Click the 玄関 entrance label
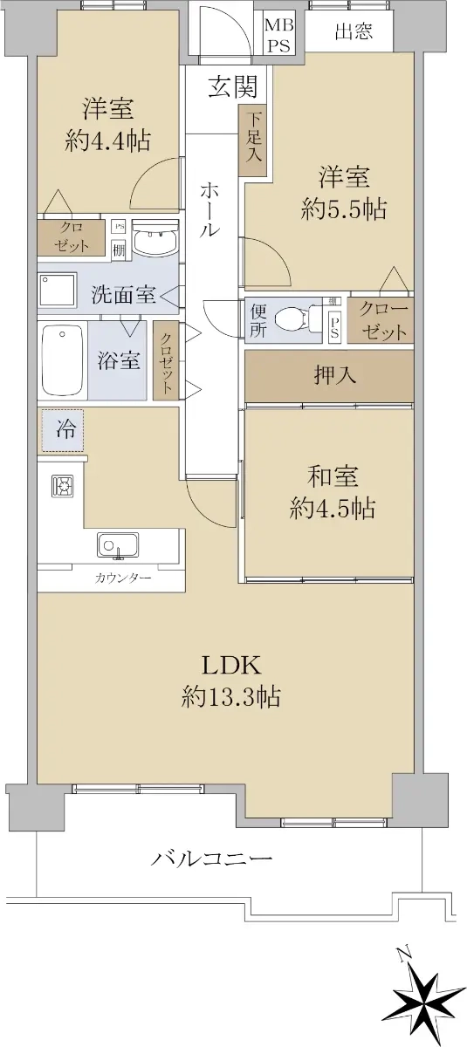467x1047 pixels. coord(233,87)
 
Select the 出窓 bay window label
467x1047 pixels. coord(354,31)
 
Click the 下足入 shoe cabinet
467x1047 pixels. coord(253,140)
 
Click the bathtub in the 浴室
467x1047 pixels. coord(63,360)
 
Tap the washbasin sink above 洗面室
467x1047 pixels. coord(155,240)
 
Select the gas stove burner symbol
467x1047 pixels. coord(62,487)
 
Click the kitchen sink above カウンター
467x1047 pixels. coord(118,545)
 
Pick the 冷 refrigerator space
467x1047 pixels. coord(63,430)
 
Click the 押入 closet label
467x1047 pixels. coord(334,375)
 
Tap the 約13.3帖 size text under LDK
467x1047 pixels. coord(231,697)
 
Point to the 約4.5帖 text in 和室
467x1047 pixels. coord(332,507)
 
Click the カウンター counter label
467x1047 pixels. coord(123,579)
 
